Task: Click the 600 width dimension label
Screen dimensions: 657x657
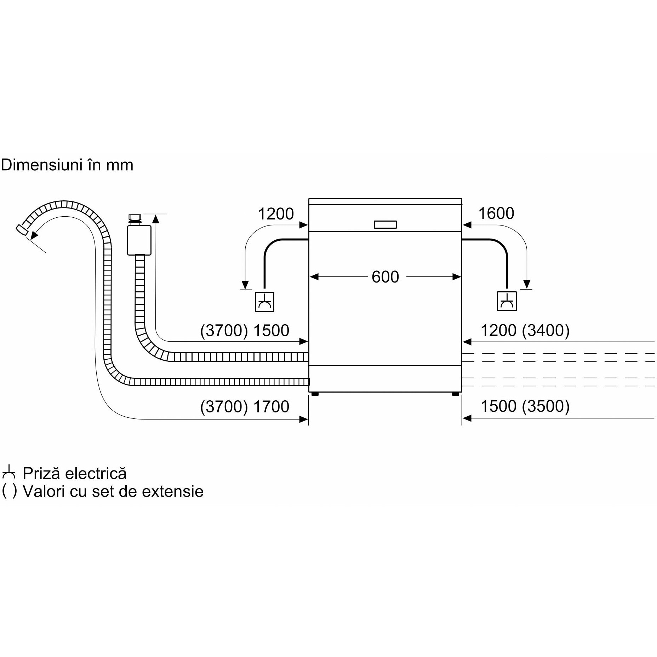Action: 385,277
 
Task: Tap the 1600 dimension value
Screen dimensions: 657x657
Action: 496,213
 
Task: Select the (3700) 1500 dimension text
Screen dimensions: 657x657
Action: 245,331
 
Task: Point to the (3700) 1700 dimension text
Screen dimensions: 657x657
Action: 245,406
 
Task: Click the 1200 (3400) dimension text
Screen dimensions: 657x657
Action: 525,331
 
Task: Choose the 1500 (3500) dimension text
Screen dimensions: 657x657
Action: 525,406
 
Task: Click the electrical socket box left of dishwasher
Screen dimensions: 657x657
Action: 265,302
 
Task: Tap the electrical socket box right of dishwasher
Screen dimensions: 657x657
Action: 507,301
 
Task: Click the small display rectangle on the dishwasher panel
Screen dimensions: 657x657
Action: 385,224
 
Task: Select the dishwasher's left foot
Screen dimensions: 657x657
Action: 314,393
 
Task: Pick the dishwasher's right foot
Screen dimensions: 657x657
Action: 456,393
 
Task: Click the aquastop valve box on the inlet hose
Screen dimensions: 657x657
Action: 139,240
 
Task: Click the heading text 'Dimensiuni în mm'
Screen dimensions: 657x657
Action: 67,165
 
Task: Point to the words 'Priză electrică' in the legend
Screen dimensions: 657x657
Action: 74,474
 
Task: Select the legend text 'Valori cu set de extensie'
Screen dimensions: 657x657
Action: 113,491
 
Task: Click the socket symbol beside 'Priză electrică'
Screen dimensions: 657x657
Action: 9,474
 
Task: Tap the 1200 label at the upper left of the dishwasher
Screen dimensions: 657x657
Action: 276,214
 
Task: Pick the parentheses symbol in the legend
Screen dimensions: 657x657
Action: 9,491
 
